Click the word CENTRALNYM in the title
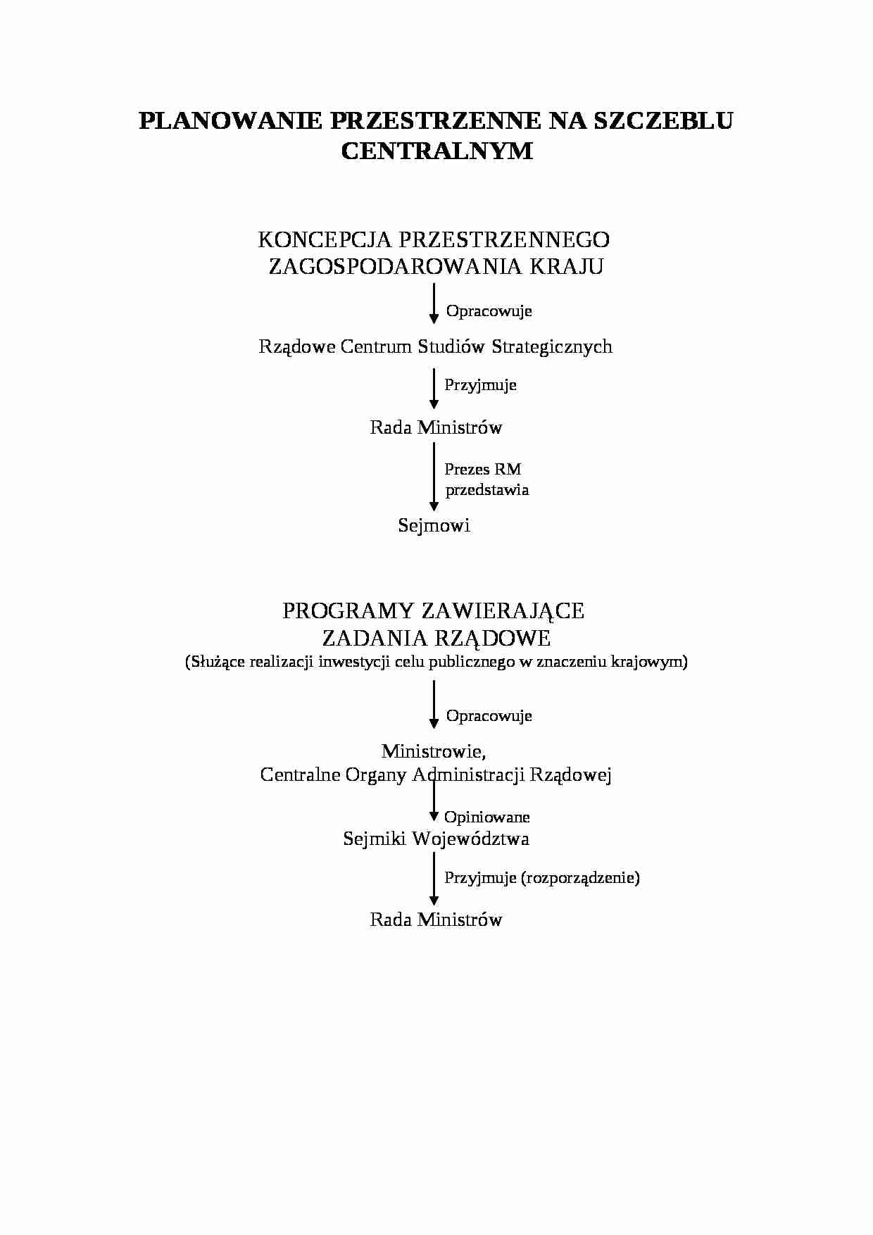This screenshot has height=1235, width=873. pos(436,151)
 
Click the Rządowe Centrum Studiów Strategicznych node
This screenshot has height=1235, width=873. pos(435,346)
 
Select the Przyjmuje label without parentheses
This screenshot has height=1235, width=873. pos(480,384)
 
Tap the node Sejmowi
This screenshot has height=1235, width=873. pos(434,525)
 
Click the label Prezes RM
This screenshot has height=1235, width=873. pos(483,470)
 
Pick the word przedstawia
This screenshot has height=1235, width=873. pos(487,490)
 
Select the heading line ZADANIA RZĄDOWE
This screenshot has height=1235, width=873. pos(436,638)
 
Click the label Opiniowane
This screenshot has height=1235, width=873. pos(486,817)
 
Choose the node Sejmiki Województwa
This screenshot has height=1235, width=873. pos(436,839)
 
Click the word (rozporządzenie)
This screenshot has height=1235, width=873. pos(581,877)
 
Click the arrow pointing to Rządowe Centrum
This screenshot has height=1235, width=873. pos(434,303)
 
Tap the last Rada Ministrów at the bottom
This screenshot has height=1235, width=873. pos(436,920)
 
